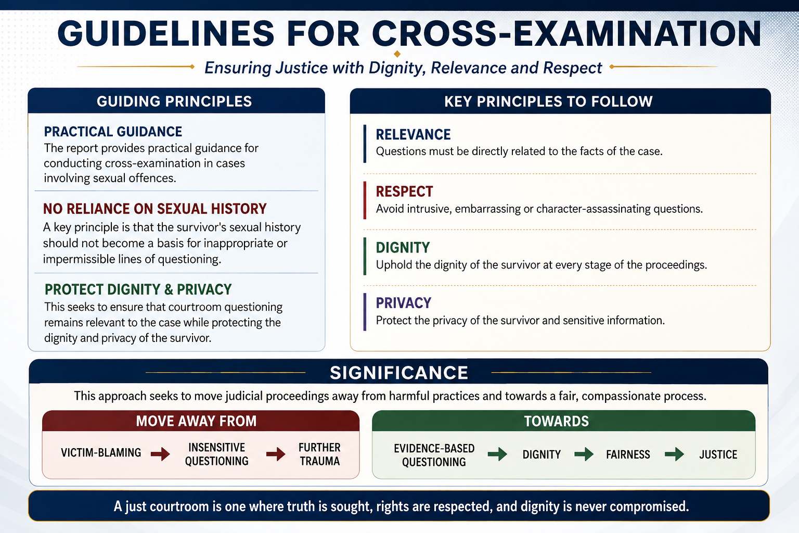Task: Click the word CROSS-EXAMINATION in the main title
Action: pos(566,33)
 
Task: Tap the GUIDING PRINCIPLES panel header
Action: pos(174,101)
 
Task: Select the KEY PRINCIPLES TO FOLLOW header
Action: pos(548,101)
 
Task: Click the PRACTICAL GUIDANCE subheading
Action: pos(113,132)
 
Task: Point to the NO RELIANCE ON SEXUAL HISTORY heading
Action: pos(155,209)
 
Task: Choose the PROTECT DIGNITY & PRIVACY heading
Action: pos(138,289)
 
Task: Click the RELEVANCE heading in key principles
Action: pos(413,135)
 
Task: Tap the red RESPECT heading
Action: pos(405,192)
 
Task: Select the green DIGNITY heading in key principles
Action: pos(403,248)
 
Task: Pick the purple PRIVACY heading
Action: pos(404,303)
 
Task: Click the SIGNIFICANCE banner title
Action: pos(399,373)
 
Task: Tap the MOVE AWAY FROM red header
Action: pos(196,421)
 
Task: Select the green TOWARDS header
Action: pos(557,421)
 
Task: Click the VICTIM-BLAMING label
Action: pos(101,453)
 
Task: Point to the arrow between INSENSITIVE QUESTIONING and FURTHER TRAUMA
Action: pos(276,454)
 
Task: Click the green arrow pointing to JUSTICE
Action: pos(675,454)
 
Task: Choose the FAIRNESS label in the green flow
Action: pos(628,454)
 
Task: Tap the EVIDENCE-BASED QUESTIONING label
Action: pos(434,455)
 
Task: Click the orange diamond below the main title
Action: pos(397,54)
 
